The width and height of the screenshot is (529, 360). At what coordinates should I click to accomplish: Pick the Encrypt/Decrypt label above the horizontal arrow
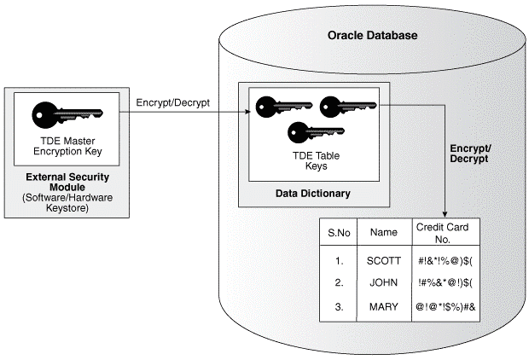[173, 103]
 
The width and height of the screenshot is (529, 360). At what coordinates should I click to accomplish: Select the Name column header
[383, 231]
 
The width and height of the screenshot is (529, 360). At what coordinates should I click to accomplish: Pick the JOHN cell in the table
[383, 282]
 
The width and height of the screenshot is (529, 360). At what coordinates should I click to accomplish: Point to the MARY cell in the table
[383, 305]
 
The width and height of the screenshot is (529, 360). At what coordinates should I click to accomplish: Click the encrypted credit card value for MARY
[445, 305]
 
